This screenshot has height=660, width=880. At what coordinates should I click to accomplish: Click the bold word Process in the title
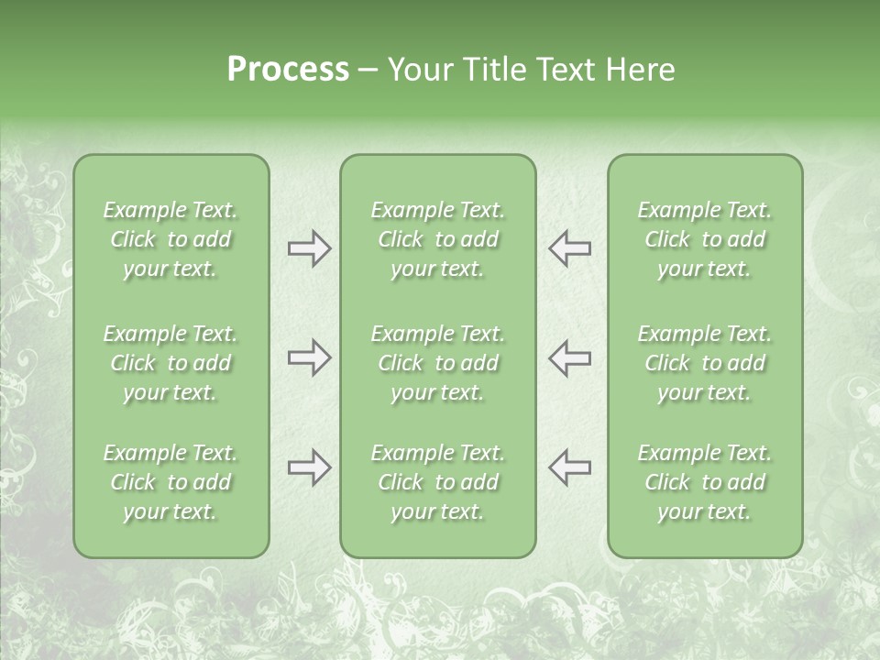click(x=288, y=70)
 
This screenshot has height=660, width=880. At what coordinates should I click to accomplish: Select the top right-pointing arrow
click(x=309, y=248)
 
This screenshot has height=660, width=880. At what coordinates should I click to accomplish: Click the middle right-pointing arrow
click(x=309, y=357)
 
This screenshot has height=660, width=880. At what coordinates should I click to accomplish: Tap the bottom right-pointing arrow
click(x=309, y=467)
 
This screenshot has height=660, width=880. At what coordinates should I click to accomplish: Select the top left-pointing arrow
click(x=569, y=248)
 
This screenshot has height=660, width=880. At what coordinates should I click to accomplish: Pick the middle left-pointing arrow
click(x=569, y=357)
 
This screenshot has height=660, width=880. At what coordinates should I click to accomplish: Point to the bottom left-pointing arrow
click(x=569, y=467)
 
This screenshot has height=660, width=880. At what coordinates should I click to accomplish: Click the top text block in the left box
click(x=170, y=239)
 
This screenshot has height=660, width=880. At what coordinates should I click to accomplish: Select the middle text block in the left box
click(x=170, y=363)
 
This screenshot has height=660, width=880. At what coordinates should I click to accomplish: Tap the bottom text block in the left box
click(x=170, y=482)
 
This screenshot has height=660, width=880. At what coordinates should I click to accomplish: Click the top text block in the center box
click(x=437, y=239)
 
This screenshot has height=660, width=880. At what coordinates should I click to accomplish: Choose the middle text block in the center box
click(x=437, y=363)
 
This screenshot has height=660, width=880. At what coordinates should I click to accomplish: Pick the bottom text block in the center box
click(x=437, y=482)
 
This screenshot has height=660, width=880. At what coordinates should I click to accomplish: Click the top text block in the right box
click(x=704, y=239)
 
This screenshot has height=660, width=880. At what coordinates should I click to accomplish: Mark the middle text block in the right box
click(x=704, y=363)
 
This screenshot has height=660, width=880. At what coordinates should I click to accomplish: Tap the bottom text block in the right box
click(x=704, y=482)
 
